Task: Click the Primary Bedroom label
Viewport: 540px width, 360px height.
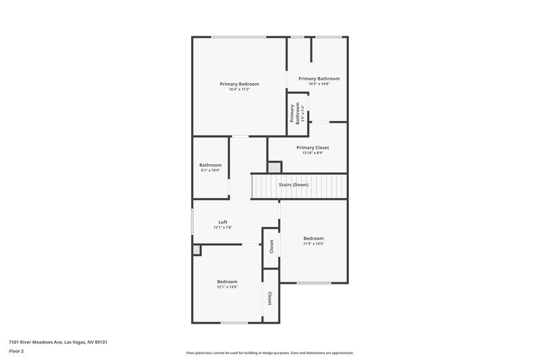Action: (x=239, y=84)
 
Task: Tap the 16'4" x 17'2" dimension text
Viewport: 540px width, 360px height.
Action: (x=239, y=89)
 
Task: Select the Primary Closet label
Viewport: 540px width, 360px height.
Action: (x=313, y=147)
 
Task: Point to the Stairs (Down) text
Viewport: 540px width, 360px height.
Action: (x=294, y=184)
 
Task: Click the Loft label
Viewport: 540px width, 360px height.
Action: (x=223, y=222)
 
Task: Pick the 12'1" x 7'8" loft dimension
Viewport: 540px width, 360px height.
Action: (x=223, y=228)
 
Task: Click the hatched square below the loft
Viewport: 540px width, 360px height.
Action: (x=196, y=250)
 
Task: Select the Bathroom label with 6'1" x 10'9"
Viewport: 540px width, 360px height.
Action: (x=211, y=165)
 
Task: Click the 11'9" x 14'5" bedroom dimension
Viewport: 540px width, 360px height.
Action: (x=313, y=244)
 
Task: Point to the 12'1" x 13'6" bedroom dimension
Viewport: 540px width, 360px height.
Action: (x=227, y=287)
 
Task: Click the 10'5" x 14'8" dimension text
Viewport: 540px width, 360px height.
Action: (x=319, y=84)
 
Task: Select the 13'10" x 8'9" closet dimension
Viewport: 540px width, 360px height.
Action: (x=313, y=153)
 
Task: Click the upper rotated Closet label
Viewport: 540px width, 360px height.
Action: (x=271, y=247)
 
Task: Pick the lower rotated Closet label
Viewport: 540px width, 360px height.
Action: (x=270, y=298)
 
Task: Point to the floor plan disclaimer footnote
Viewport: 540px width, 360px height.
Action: (x=270, y=353)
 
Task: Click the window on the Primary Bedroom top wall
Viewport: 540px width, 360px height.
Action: (x=238, y=36)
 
